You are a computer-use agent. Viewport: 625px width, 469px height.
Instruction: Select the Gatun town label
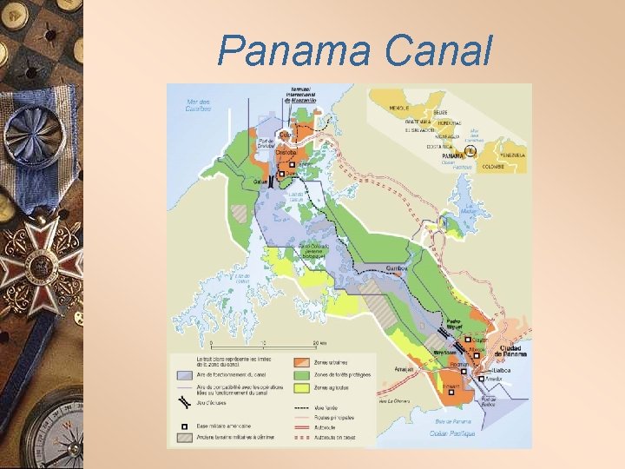coord(260,181)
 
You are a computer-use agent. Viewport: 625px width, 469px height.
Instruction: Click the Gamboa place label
coord(398,268)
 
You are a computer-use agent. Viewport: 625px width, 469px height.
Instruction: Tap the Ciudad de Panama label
coord(510,351)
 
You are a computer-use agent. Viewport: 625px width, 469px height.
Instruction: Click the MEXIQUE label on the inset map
coord(398,108)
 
